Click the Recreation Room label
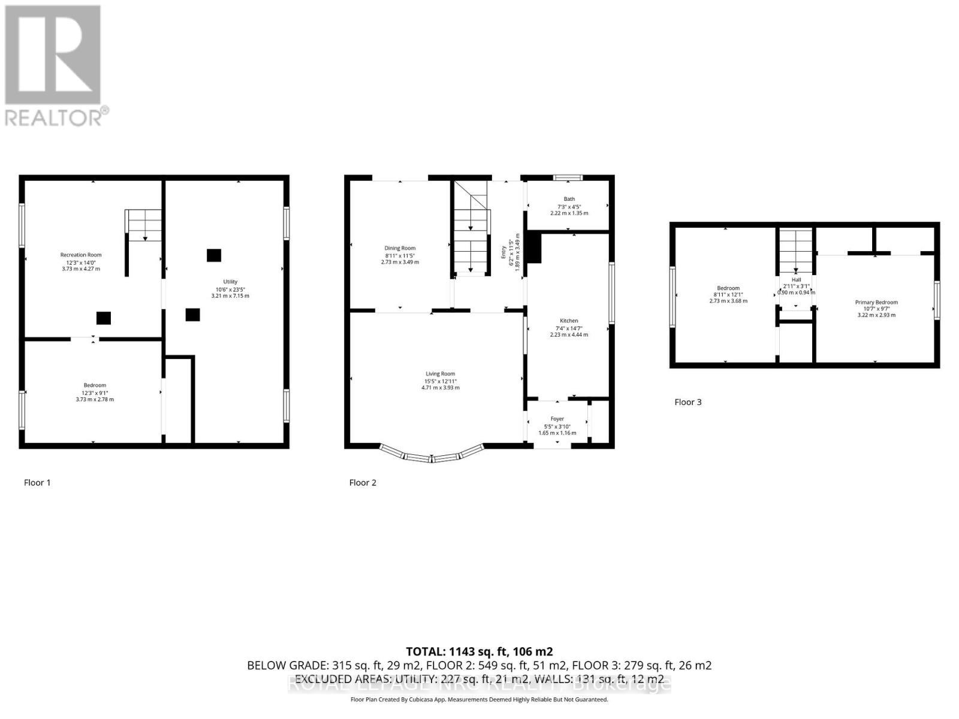click(x=81, y=255)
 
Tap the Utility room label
click(x=230, y=282)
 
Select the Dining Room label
click(x=400, y=248)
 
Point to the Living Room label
click(x=440, y=374)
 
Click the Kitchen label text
click(x=569, y=321)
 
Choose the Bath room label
click(x=569, y=199)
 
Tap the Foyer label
click(x=557, y=419)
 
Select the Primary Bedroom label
click(x=876, y=303)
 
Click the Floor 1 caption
click(x=37, y=482)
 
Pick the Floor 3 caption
click(x=687, y=402)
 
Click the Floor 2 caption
click(x=363, y=482)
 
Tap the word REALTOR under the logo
click(x=54, y=117)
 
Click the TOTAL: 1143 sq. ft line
click(x=479, y=651)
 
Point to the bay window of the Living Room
click(x=432, y=457)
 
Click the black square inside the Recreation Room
click(x=104, y=318)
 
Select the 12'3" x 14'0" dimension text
click(x=81, y=262)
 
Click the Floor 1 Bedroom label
click(x=95, y=385)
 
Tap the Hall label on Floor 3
click(x=796, y=280)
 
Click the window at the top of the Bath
click(x=568, y=177)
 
